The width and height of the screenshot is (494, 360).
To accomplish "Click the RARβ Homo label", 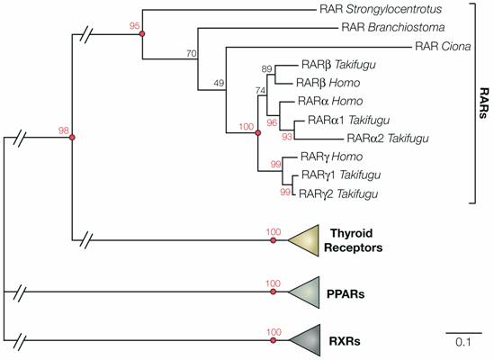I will (328, 83).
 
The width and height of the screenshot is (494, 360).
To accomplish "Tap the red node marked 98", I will (72, 137).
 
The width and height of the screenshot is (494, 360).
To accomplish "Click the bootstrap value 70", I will (215, 53).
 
